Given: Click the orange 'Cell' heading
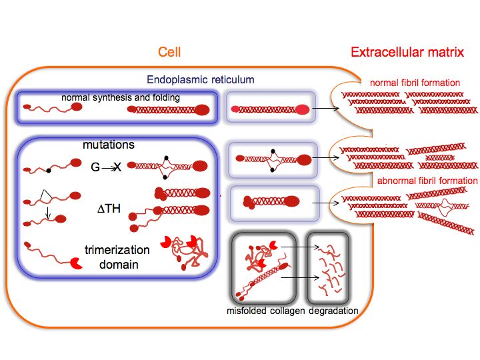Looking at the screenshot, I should click(x=169, y=52).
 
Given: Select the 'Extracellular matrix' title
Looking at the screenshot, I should click(x=407, y=52).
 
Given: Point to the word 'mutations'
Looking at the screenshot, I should click(x=109, y=145).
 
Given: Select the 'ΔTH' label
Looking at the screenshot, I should click(x=107, y=208).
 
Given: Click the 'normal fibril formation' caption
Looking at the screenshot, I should click(x=415, y=83).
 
